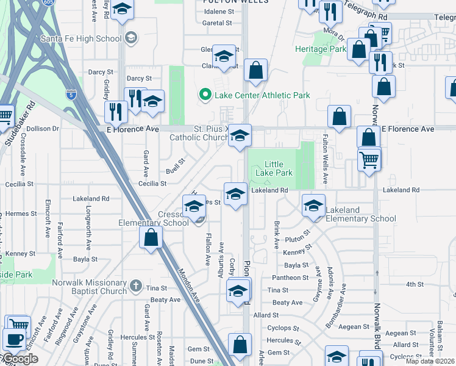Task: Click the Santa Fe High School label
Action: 81,39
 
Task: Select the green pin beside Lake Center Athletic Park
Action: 205,95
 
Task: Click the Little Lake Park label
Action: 279,169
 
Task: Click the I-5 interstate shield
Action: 71,94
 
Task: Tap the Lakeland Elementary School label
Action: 361,214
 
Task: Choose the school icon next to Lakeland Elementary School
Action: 313,206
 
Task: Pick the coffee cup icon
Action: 13,339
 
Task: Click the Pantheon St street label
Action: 291,278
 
